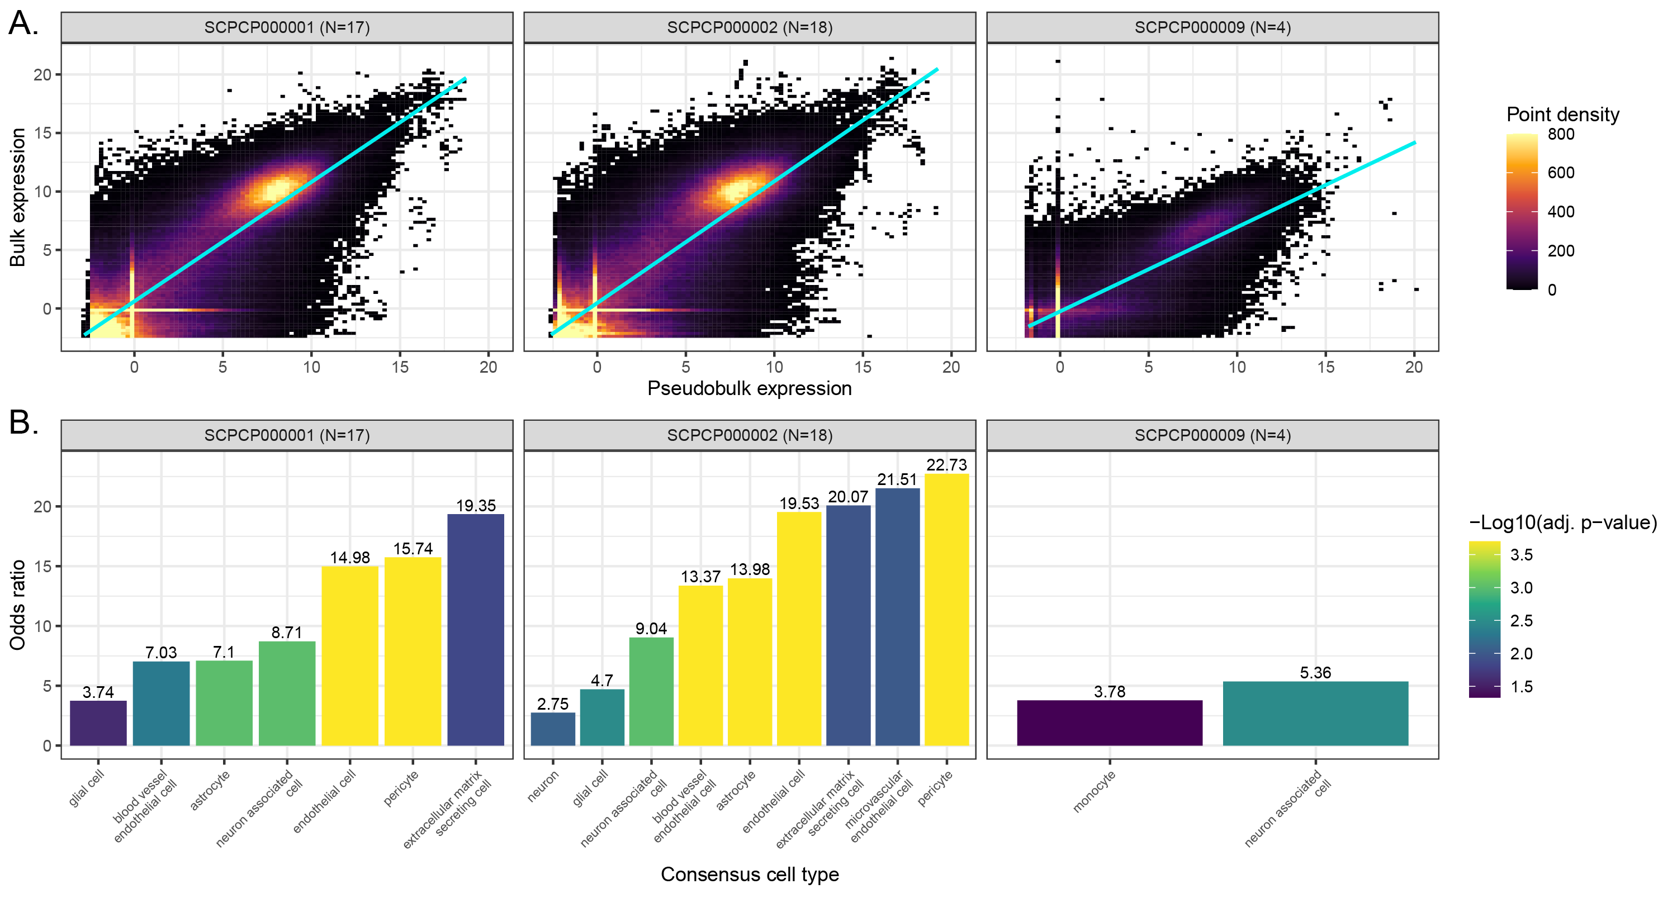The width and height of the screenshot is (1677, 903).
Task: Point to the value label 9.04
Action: (651, 629)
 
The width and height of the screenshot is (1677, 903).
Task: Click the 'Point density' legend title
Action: (1562, 115)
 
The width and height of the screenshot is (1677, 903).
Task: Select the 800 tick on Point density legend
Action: (1561, 135)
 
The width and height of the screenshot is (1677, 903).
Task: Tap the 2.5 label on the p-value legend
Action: (1522, 621)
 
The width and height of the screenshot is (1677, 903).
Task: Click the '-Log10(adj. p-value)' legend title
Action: (1562, 522)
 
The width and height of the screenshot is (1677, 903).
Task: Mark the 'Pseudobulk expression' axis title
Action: (749, 388)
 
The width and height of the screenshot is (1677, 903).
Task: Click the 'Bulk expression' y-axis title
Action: (17, 197)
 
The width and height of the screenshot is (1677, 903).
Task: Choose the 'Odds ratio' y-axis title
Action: (17, 605)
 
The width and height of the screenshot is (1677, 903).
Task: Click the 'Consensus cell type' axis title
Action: (749, 875)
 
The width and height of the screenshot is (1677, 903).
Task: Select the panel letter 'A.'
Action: (23, 23)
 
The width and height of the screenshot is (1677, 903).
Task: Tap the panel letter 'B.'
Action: (23, 423)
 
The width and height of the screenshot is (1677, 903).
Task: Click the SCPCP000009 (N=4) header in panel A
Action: (1212, 27)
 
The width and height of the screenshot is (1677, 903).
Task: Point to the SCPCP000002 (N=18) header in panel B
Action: (749, 435)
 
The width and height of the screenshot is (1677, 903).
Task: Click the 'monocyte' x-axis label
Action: (1094, 791)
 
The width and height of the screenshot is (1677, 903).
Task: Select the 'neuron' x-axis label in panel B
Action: (543, 786)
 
